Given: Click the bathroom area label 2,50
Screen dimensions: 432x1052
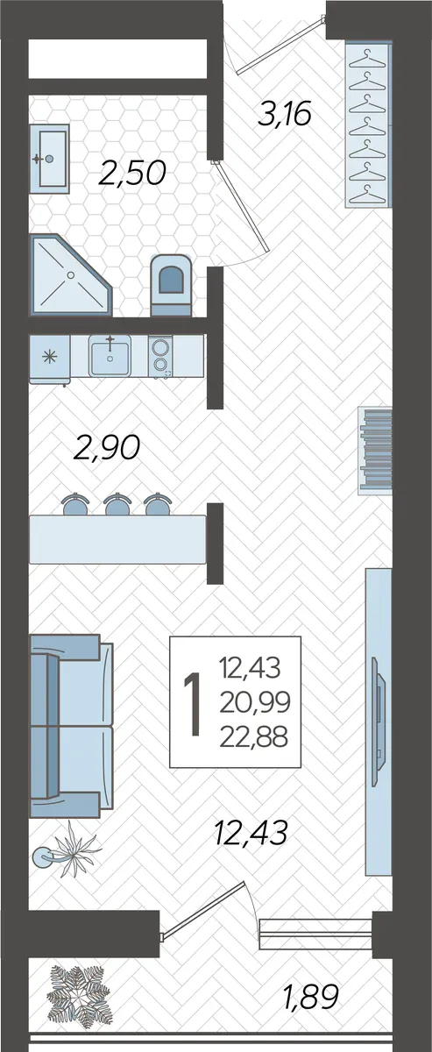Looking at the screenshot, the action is (x=132, y=173).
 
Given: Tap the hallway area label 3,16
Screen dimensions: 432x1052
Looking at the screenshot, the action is (x=285, y=114).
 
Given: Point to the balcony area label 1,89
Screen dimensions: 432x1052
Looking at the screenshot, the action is (x=311, y=996).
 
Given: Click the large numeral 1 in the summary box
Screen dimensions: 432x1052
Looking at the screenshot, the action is (x=193, y=703).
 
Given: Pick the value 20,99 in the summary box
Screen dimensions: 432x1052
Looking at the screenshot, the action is (x=255, y=702).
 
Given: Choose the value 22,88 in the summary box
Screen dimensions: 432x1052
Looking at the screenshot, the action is (x=253, y=737).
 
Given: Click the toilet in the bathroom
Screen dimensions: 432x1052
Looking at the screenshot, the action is (x=171, y=285).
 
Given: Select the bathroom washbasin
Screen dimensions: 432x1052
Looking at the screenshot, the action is (x=50, y=159).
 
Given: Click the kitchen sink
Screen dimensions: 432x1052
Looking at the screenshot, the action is (x=110, y=356).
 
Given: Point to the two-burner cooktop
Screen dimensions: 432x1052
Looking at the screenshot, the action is (x=160, y=356).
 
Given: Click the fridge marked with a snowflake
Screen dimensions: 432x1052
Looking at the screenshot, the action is (x=50, y=357).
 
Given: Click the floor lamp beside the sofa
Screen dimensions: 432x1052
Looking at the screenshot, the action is (x=45, y=857).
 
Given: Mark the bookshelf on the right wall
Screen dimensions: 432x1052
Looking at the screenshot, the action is (x=375, y=451).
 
